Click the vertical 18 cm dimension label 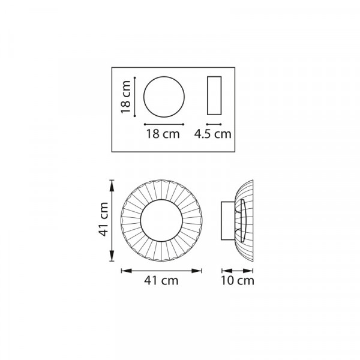click(126, 97)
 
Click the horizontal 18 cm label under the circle click(163, 134)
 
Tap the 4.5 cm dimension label click(213, 134)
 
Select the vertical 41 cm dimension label click(103, 219)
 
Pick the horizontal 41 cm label click(161, 281)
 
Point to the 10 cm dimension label click(238, 281)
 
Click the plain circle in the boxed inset click(164, 76)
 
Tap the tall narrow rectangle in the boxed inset click(214, 76)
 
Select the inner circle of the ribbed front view click(161, 200)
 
